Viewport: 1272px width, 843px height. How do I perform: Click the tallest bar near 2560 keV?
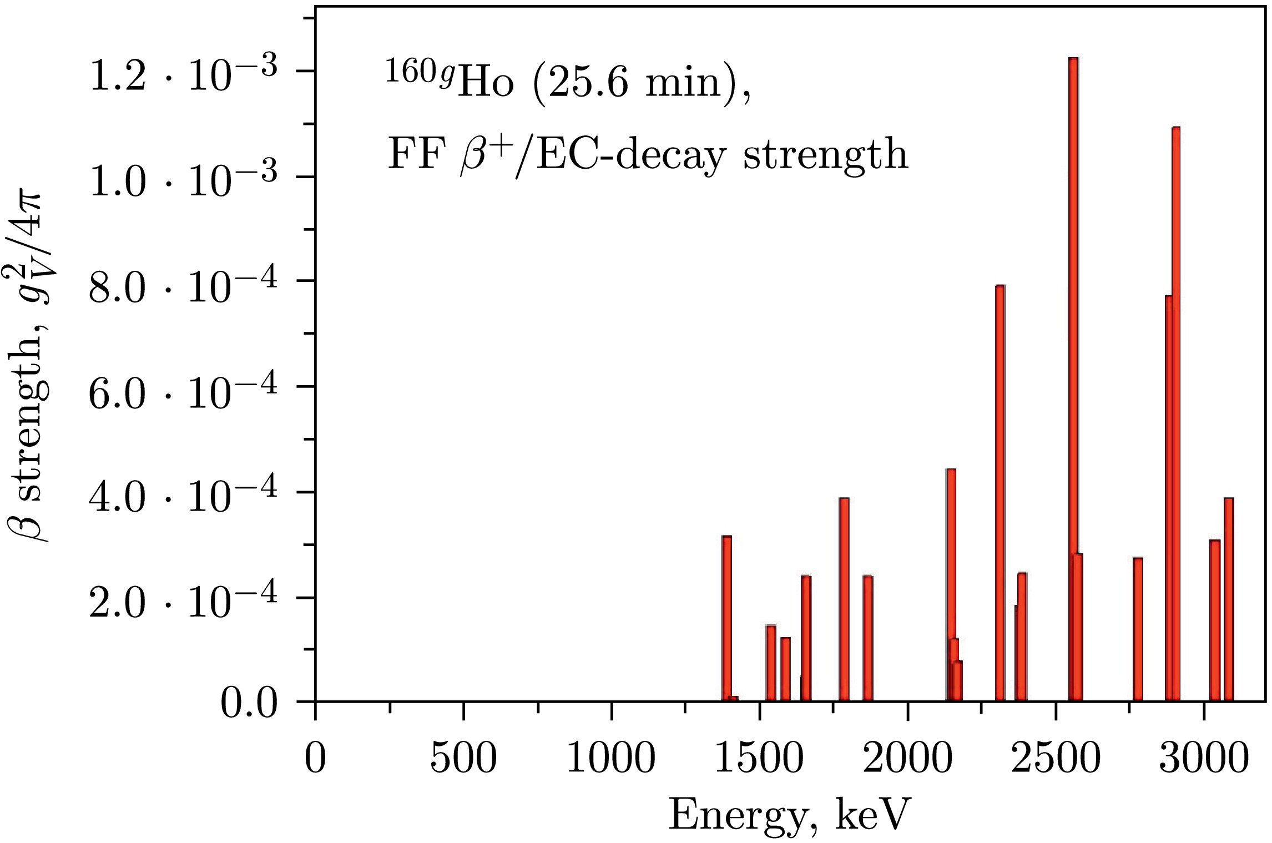click(1073, 377)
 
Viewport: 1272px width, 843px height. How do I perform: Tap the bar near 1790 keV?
click(844, 599)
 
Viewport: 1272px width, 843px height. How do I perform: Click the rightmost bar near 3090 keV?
click(1229, 599)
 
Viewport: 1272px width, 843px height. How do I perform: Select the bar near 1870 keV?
click(868, 638)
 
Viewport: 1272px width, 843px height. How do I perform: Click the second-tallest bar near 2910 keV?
click(1175, 413)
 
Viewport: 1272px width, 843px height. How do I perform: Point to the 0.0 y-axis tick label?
click(249, 705)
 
